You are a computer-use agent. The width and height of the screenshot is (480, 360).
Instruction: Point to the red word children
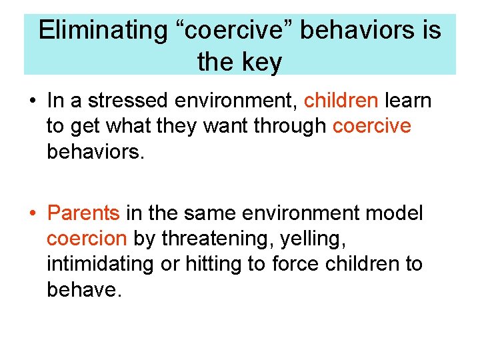coord(341,101)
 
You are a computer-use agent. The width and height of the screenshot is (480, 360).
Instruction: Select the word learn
coord(408,101)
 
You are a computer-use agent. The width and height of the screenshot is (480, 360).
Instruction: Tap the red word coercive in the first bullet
coord(371,126)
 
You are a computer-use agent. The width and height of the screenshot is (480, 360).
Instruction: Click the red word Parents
coord(83,213)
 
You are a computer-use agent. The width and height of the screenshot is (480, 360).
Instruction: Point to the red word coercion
coord(87,239)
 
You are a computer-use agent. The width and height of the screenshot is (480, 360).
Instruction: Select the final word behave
coord(85,289)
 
